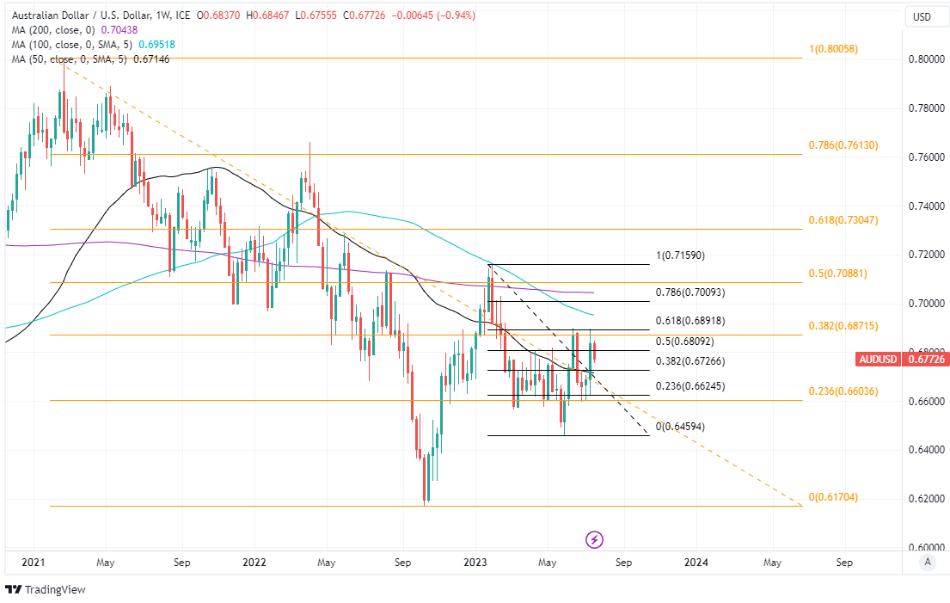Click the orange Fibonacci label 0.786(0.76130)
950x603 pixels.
[x=843, y=146]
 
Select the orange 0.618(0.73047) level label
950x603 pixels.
[x=843, y=220]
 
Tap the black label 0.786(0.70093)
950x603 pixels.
[x=690, y=292]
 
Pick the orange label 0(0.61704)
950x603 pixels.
[x=833, y=498]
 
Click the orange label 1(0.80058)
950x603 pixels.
[x=833, y=50]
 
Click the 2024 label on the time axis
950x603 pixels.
[x=696, y=563]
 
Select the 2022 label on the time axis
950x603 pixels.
[x=254, y=563]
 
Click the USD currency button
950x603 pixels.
[x=922, y=17]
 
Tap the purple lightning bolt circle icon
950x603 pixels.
[x=594, y=539]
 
